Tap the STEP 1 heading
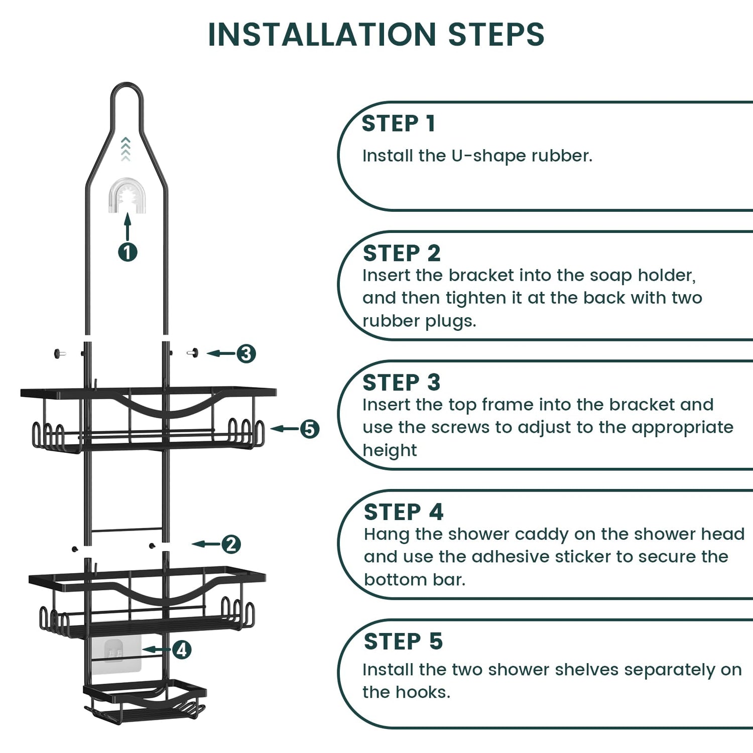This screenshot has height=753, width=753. (398, 123)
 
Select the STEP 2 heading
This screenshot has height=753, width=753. (402, 253)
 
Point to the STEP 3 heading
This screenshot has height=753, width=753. (402, 383)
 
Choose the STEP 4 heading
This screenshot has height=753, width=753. (404, 512)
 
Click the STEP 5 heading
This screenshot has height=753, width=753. (403, 642)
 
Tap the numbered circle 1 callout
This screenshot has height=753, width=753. (128, 252)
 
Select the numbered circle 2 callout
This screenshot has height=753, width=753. (231, 544)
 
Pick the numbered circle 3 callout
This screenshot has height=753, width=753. (246, 353)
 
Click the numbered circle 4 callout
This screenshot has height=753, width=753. (182, 650)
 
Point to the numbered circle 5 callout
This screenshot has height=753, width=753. (310, 429)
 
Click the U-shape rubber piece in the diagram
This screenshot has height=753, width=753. (127, 196)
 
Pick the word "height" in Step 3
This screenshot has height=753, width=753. (390, 451)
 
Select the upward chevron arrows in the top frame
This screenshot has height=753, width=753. (125, 149)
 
